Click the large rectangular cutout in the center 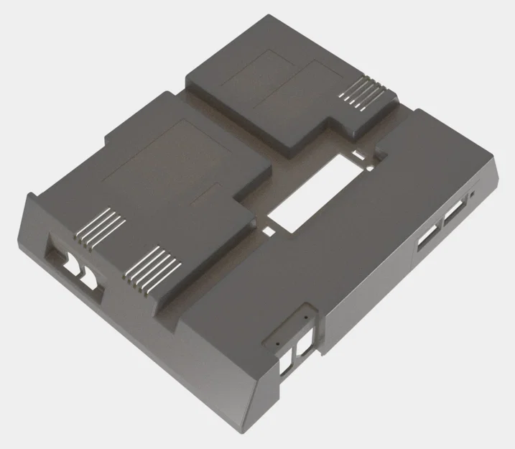pyautogui.click(x=313, y=192)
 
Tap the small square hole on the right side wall pyautogui.click(x=473, y=195)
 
